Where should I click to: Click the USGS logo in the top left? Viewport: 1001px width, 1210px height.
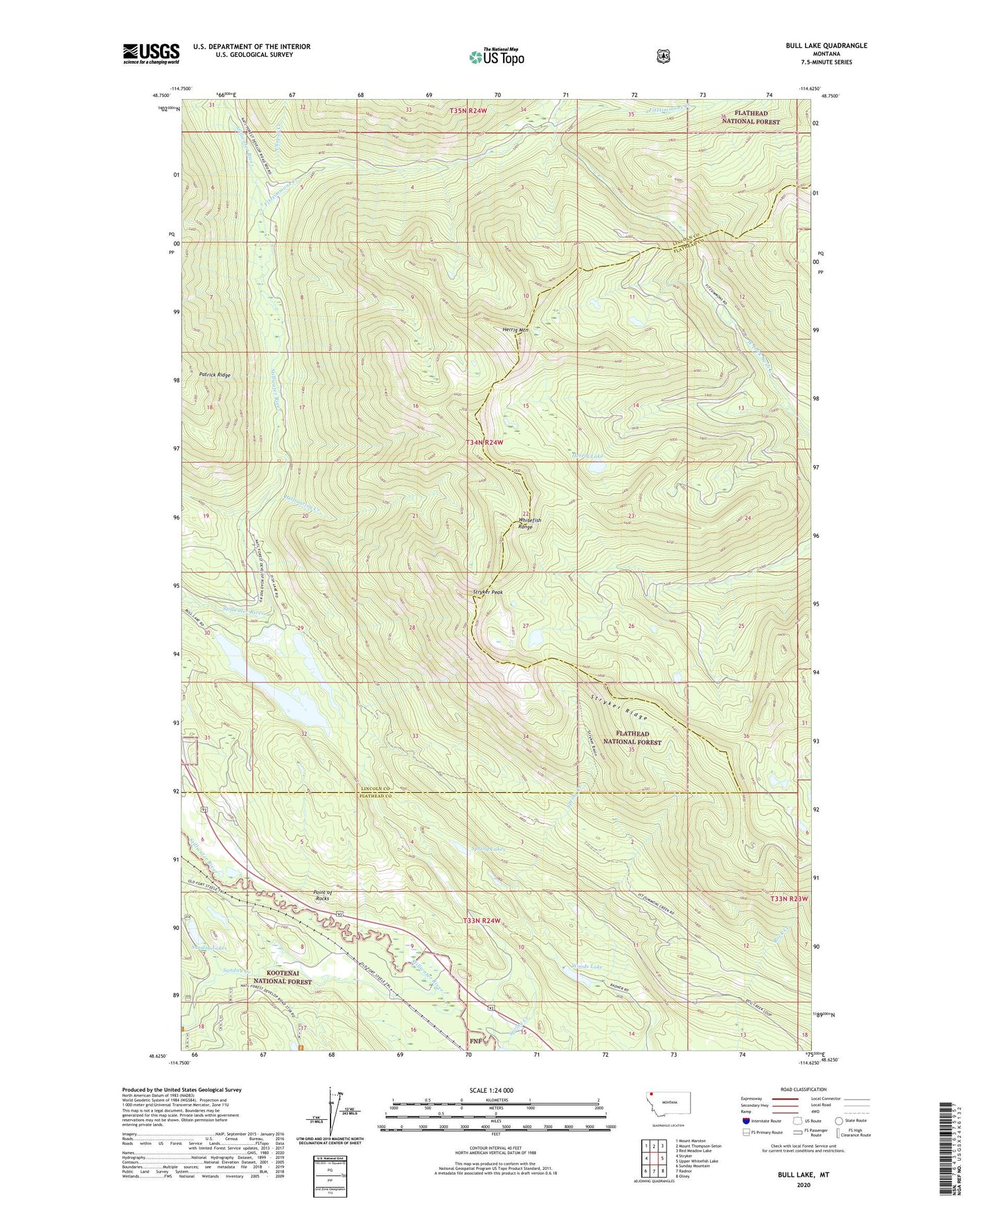coord(151,53)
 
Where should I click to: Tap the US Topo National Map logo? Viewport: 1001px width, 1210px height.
coord(495,57)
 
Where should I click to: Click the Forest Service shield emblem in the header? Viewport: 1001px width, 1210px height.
coord(663,56)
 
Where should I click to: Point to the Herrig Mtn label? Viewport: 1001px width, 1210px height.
coord(515,330)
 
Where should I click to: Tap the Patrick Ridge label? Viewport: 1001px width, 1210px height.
coord(215,375)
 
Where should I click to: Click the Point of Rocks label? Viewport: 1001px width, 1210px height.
coord(323,895)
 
